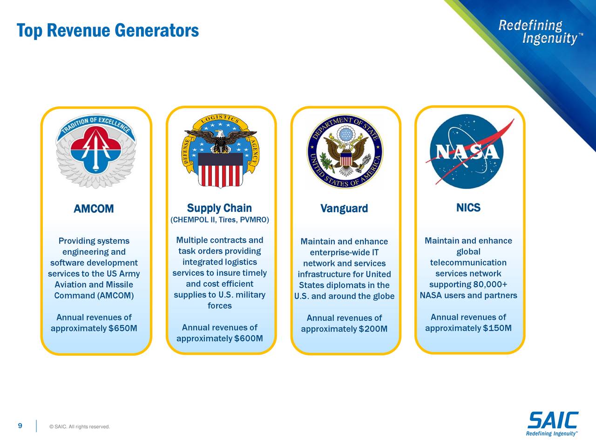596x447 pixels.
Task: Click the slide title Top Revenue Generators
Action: (108, 31)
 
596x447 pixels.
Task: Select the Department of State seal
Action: (344, 151)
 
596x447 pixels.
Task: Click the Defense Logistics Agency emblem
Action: (220, 150)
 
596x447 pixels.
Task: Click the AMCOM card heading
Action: (94, 209)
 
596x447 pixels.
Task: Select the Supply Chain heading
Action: (219, 208)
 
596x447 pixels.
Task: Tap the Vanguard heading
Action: (344, 208)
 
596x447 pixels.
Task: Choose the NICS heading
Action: (468, 208)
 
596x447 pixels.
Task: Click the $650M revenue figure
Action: (122, 329)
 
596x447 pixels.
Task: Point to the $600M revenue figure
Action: (248, 338)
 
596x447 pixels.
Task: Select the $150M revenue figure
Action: (497, 328)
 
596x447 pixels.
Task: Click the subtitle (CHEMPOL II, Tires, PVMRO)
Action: (220, 220)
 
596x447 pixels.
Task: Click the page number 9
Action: (20, 426)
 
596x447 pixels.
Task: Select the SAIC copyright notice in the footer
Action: (79, 427)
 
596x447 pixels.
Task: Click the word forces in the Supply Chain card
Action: (219, 306)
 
